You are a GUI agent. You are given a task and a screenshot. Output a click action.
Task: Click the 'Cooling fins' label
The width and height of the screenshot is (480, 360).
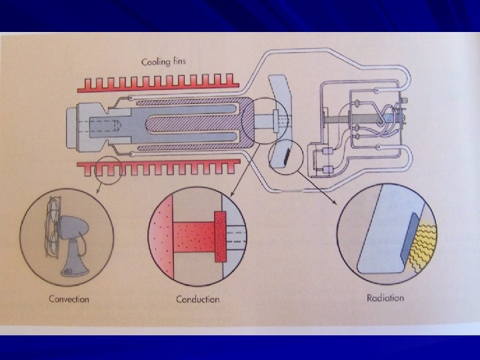click(163, 62)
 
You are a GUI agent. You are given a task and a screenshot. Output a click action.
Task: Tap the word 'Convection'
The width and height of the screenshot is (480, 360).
click(69, 299)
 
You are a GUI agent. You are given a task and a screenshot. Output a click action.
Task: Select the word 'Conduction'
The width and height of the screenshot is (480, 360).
click(198, 299)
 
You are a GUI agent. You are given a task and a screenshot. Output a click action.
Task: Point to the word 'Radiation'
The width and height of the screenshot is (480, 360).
click(385, 298)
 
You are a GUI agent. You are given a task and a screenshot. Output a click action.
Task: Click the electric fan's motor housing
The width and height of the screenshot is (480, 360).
click(73, 227)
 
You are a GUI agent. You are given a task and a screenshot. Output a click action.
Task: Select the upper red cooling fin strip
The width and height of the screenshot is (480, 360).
click(158, 83)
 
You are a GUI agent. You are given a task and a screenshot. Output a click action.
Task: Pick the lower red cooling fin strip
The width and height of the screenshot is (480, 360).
click(158, 167)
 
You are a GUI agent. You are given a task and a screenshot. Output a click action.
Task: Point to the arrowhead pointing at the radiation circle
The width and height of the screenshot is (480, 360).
click(335, 203)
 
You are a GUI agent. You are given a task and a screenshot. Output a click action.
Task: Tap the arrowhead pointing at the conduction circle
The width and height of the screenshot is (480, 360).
click(232, 193)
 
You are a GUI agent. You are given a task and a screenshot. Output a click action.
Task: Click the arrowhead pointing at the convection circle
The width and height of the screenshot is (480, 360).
click(97, 191)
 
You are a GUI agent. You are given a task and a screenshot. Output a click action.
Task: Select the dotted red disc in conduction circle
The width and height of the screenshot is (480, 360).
click(220, 237)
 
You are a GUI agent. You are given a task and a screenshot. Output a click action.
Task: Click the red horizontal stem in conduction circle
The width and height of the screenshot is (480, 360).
click(194, 237)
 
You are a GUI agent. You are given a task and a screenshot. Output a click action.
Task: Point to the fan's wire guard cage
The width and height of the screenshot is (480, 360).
click(52, 227)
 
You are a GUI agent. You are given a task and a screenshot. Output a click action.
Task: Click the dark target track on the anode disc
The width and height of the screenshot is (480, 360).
click(287, 156)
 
